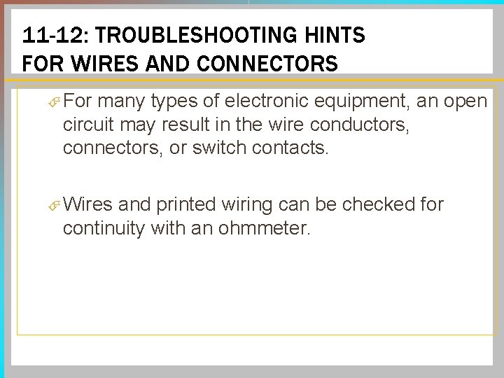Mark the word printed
[x=185, y=204]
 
